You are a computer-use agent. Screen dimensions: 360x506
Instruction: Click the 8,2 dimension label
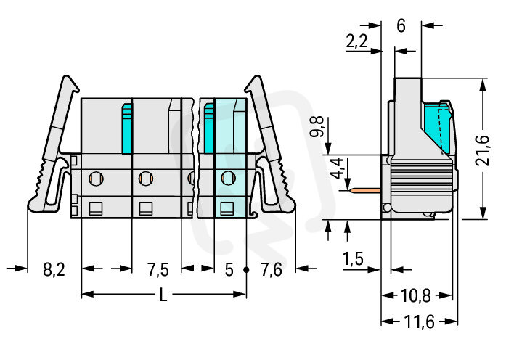tap(54, 271)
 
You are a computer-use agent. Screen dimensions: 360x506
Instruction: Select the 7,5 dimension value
tap(158, 271)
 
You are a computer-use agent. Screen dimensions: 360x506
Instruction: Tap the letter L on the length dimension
tap(162, 295)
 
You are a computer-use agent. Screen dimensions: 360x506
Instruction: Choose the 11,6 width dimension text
tap(419, 322)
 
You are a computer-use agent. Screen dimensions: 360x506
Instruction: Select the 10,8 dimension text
tap(416, 296)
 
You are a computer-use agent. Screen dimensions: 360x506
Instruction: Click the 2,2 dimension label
tap(356, 42)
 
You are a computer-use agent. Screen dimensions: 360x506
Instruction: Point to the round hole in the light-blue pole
tap(228, 176)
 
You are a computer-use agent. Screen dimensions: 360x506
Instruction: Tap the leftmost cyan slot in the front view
tap(126, 128)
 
